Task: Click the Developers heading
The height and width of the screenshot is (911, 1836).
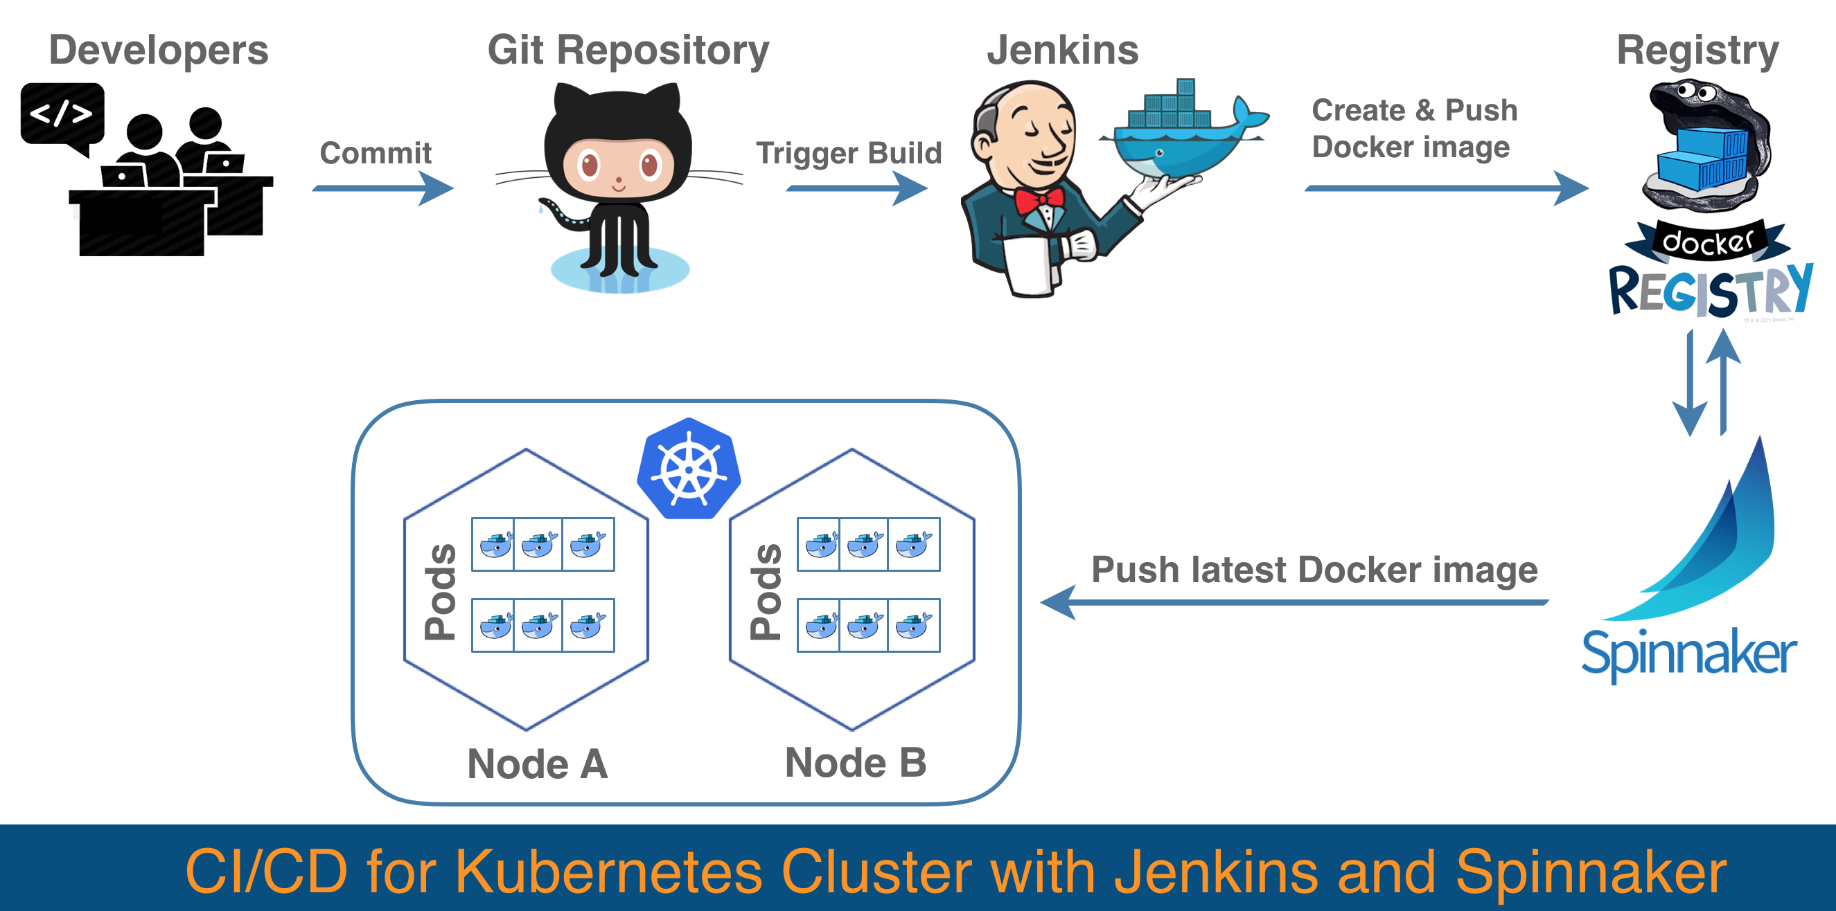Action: [x=158, y=50]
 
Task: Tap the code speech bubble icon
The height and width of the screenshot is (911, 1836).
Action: [x=62, y=114]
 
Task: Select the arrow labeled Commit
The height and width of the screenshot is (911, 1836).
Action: [x=382, y=189]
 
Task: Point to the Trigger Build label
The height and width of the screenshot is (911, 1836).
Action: [x=848, y=153]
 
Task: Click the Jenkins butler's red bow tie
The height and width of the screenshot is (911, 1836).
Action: [x=1039, y=200]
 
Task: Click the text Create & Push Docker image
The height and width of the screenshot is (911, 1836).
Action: [x=1414, y=129]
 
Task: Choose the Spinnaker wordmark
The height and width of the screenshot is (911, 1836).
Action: [x=1688, y=653]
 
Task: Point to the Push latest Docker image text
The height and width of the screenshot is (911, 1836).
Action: [x=1314, y=570]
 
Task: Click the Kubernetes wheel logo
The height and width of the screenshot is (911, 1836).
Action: [x=689, y=469]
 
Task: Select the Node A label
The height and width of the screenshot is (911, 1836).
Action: [x=538, y=764]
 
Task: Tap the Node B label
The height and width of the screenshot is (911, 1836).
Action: [x=855, y=763]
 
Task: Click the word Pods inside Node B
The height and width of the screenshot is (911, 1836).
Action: [x=766, y=591]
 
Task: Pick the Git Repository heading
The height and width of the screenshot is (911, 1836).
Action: [x=628, y=50]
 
